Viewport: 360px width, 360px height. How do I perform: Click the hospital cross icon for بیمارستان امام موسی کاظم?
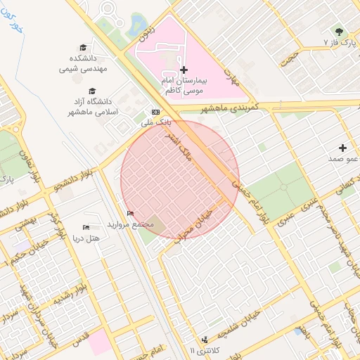[184, 70]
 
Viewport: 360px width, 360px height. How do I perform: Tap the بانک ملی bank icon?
[155, 112]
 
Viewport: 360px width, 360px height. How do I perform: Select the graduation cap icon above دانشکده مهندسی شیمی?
[84, 46]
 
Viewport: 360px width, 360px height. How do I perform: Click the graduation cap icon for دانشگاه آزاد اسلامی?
[92, 91]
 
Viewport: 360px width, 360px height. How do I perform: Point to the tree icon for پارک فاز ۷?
[339, 32]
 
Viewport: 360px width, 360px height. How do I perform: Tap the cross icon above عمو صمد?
[342, 148]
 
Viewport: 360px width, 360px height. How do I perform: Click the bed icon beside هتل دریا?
[86, 227]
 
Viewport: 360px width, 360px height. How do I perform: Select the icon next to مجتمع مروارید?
[130, 213]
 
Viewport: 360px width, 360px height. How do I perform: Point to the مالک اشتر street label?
[178, 141]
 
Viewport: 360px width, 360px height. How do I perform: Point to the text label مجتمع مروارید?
[130, 224]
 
